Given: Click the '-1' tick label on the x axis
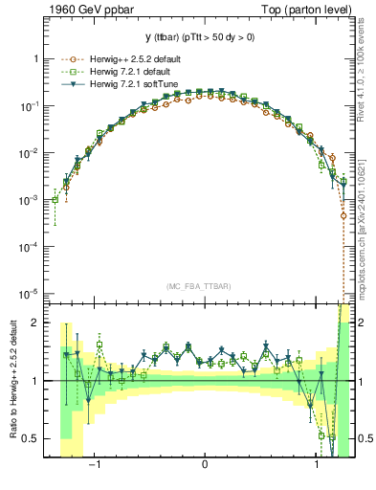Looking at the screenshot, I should click(x=93, y=466).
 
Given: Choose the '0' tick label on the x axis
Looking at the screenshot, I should click(x=205, y=466).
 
